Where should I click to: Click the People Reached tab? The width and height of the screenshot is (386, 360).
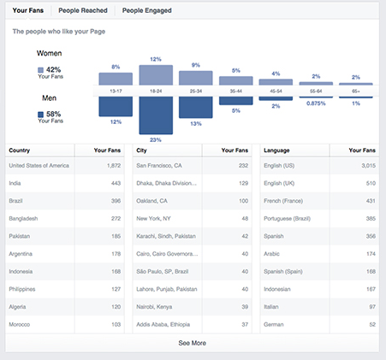pyautogui.click(x=83, y=10)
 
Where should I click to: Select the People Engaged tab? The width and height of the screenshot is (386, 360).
pyautogui.click(x=146, y=10)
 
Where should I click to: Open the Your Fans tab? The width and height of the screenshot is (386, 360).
pyautogui.click(x=29, y=10)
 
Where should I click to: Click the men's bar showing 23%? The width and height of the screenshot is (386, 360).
pyautogui.click(x=156, y=115)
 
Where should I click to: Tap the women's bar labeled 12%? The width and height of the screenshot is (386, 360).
pyautogui.click(x=156, y=75)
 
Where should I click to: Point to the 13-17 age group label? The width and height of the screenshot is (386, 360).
pyautogui.click(x=116, y=90)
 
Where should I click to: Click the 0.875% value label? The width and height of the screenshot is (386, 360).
pyautogui.click(x=316, y=103)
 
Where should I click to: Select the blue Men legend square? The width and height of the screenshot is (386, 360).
pyautogui.click(x=40, y=113)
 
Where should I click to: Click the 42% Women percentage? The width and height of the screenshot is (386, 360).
pyautogui.click(x=54, y=69)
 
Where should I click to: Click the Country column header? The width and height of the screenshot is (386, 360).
pyautogui.click(x=20, y=150)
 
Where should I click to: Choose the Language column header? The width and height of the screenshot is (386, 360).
pyautogui.click(x=279, y=150)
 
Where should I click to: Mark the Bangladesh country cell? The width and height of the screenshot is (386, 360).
pyautogui.click(x=25, y=218)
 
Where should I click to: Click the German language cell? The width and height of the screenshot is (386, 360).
pyautogui.click(x=275, y=324)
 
